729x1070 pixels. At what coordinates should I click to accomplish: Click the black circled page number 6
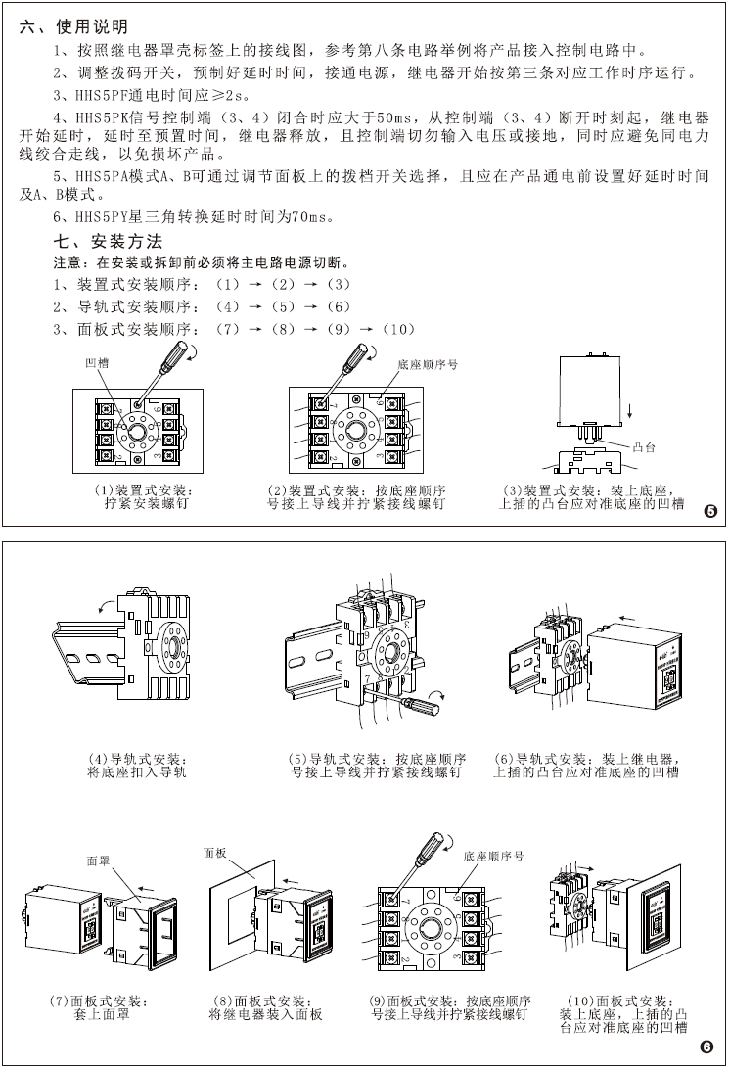(x=707, y=1047)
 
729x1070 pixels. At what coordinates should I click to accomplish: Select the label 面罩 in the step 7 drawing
(x=98, y=861)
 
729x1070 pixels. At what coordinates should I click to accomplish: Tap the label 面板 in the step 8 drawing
(x=215, y=853)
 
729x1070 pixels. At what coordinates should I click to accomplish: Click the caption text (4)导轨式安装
(x=137, y=759)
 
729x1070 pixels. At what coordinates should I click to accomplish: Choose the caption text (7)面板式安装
(x=100, y=1001)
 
